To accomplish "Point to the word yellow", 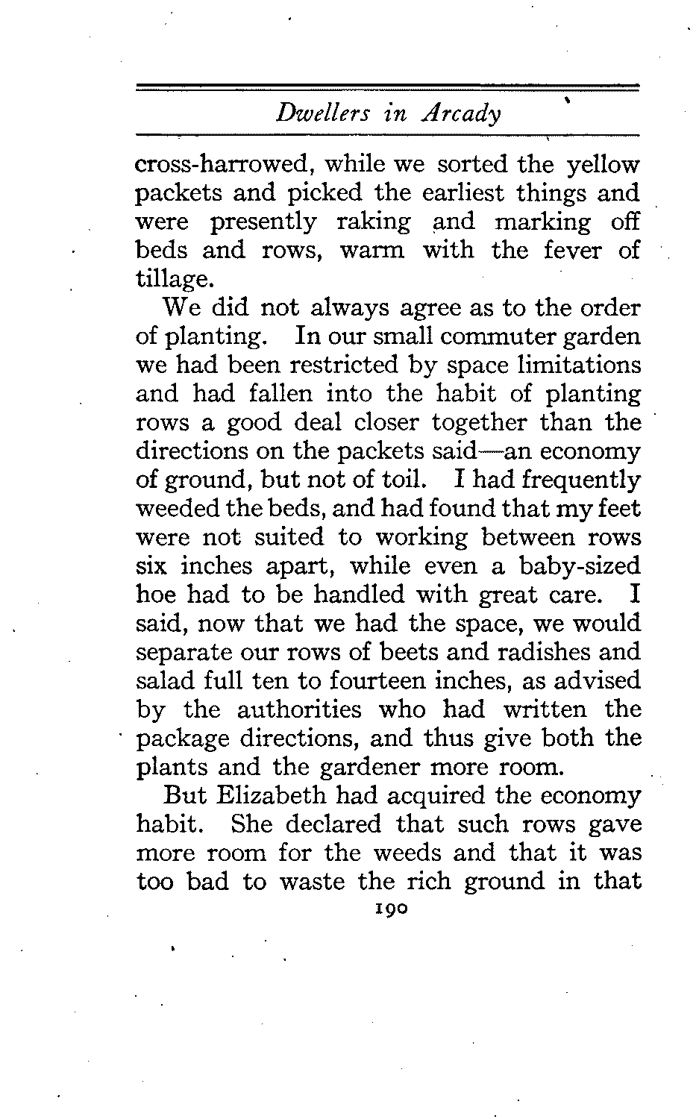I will click(603, 163).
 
